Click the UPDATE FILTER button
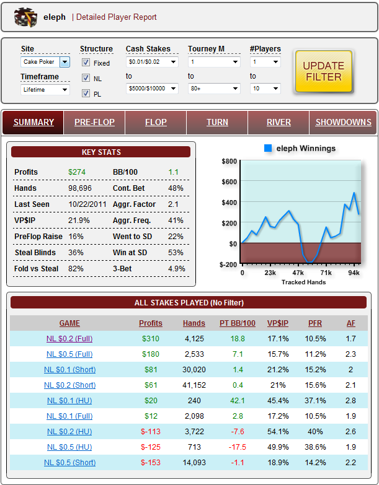click(323, 71)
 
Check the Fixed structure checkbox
click(86, 63)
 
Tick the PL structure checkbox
click(86, 94)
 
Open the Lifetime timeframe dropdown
click(45, 89)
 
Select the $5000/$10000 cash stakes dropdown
click(152, 89)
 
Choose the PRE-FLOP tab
click(94, 122)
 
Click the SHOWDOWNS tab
click(343, 122)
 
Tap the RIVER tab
click(279, 122)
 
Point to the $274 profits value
click(78, 172)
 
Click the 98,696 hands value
click(80, 188)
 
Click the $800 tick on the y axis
click(229, 161)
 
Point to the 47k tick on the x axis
click(298, 272)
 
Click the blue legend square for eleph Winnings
click(268, 149)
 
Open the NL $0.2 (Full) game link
click(69, 339)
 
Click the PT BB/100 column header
click(238, 323)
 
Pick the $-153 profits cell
click(151, 463)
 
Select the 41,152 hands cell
click(194, 385)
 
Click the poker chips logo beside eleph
click(26, 17)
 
